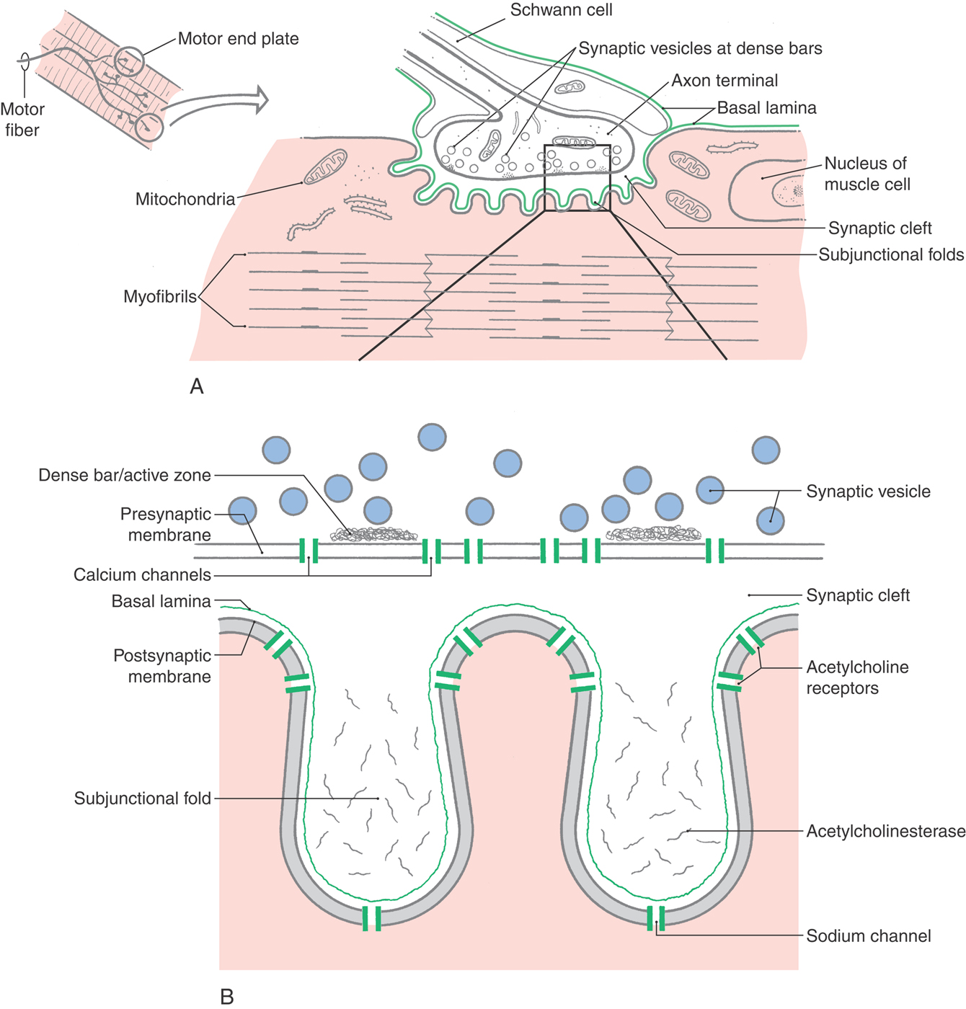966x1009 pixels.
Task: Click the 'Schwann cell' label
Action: point(561,10)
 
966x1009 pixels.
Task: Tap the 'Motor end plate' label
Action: point(238,39)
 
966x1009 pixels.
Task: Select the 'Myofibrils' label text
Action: point(159,297)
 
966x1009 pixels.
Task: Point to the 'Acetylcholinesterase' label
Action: point(885,831)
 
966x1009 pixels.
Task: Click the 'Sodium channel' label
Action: point(868,936)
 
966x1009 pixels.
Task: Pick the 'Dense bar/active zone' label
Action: point(125,475)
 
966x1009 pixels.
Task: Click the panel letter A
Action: point(196,387)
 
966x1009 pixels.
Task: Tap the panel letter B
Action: point(226,997)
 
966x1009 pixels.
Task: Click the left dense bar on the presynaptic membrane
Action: point(373,534)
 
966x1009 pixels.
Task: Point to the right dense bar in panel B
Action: point(653,534)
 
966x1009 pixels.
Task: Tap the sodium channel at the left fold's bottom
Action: point(371,918)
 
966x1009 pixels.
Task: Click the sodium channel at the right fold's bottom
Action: point(655,918)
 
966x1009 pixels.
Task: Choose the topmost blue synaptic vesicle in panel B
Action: point(432,437)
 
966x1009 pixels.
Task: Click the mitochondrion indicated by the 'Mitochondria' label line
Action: point(325,167)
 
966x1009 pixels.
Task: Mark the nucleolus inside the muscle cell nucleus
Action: point(797,191)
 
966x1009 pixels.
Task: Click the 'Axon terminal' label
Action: point(724,81)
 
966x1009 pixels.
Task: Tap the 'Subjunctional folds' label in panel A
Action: point(891,254)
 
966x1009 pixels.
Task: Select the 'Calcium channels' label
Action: point(142,575)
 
